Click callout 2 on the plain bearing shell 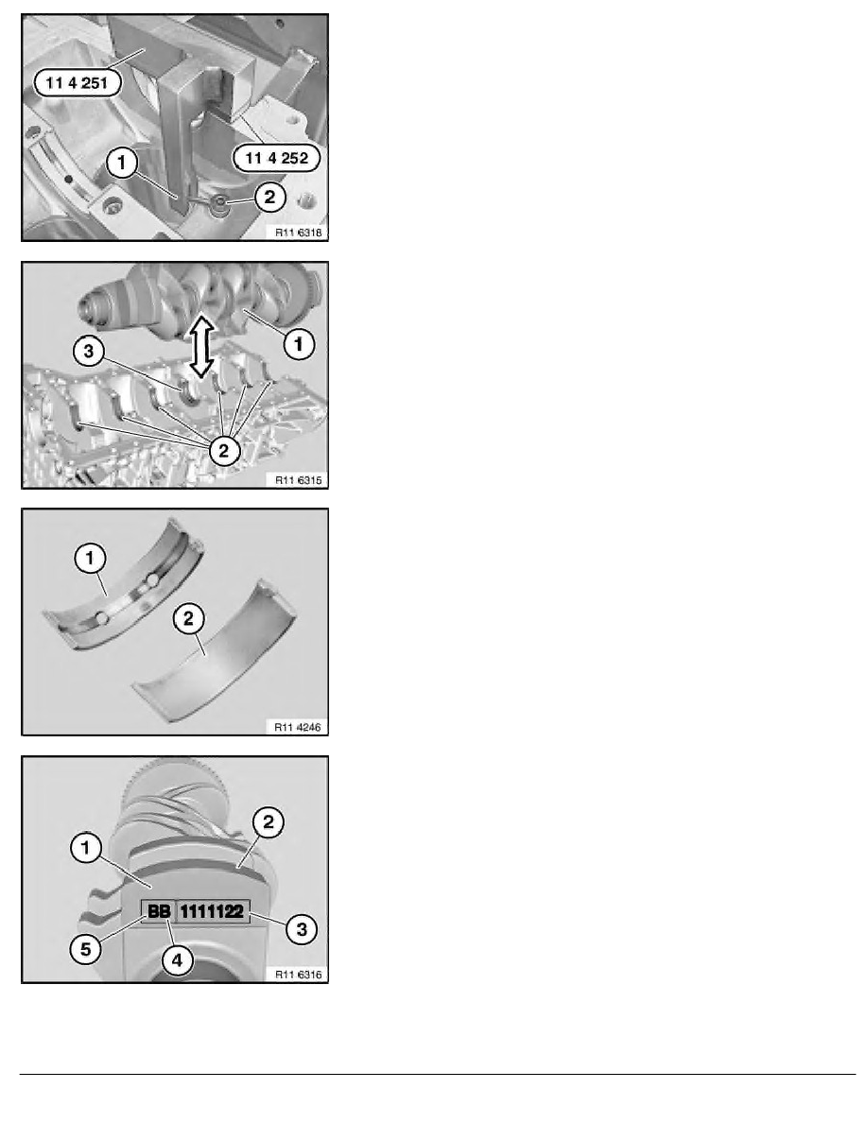click(187, 620)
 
